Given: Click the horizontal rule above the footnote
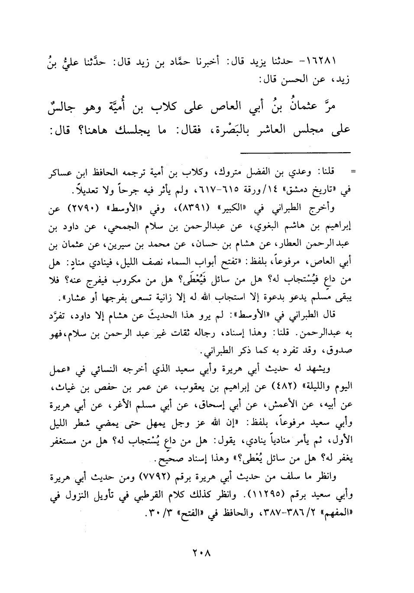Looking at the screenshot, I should [295, 152].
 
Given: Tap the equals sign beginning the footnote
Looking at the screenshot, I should [353, 173].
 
